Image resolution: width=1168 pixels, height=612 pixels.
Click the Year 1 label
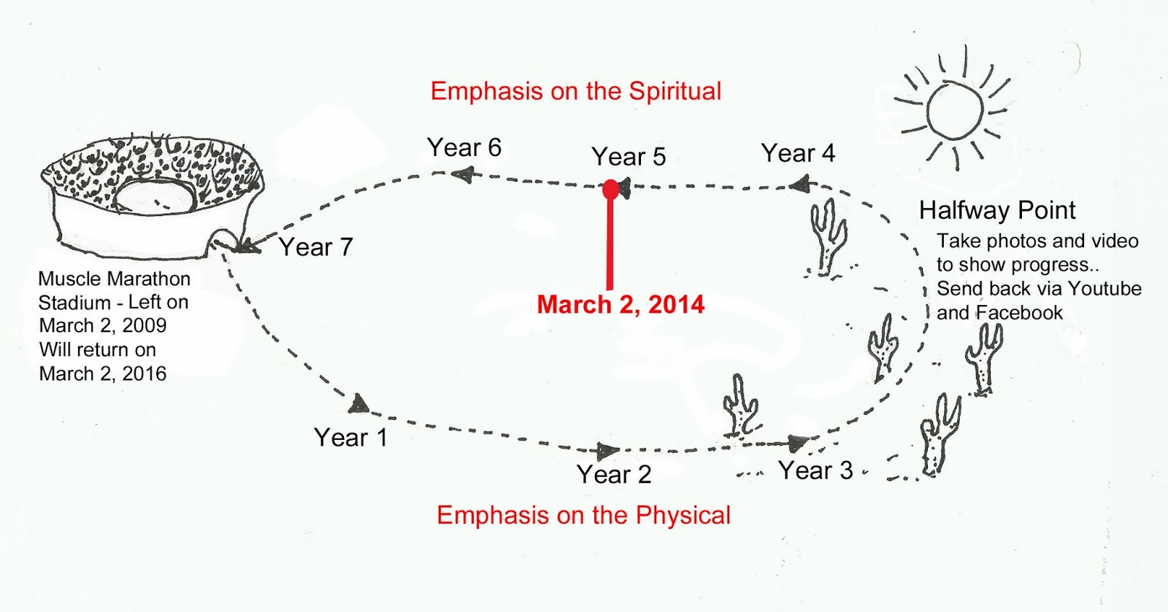click(350, 438)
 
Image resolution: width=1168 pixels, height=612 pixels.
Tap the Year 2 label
click(614, 474)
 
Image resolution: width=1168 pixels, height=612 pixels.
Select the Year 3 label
click(815, 470)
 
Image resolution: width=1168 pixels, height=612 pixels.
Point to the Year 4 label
click(798, 153)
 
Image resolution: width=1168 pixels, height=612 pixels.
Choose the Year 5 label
click(629, 157)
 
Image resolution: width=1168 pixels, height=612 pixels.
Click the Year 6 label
click(464, 147)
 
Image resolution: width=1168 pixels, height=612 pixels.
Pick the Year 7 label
click(316, 247)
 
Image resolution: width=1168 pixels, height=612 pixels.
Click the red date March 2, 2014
click(620, 305)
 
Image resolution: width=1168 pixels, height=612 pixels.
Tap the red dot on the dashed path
click(610, 190)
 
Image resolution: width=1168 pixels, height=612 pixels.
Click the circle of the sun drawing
click(955, 110)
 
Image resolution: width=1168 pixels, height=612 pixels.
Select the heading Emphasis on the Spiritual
click(576, 91)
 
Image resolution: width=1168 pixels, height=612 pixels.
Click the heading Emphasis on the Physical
click(583, 516)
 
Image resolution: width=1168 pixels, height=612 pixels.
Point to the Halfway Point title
click(997, 210)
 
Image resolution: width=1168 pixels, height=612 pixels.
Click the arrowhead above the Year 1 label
click(358, 403)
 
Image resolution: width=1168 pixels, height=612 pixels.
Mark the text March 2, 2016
click(103, 374)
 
